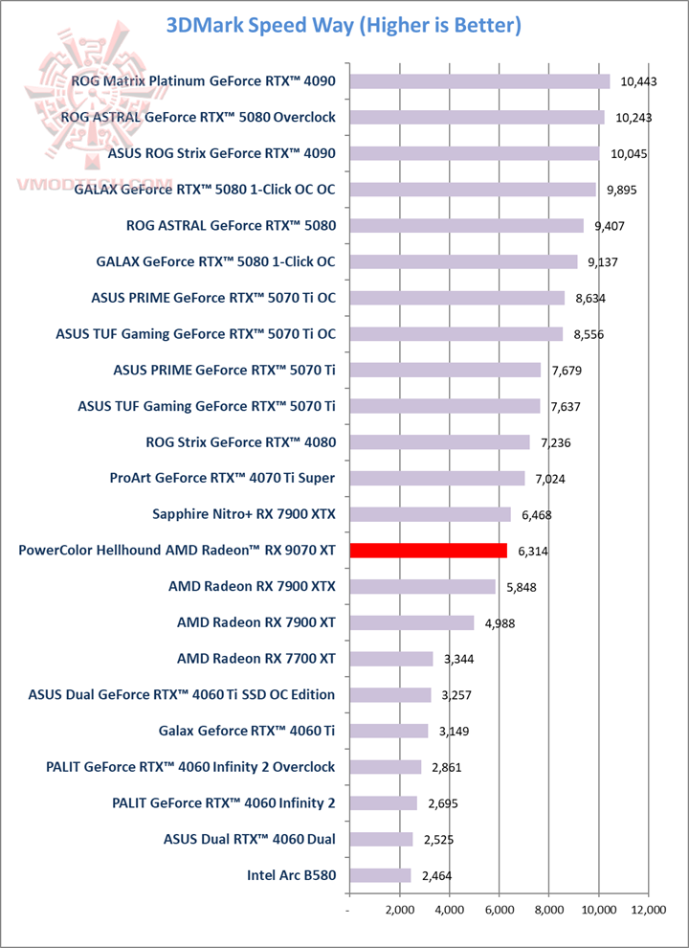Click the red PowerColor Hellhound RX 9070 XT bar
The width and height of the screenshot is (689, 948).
429,551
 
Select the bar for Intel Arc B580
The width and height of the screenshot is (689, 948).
380,875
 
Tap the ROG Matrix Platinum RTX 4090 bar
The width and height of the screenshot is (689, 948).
479,81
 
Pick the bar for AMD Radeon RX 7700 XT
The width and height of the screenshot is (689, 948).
391,659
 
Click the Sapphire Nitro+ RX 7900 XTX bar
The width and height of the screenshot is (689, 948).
431,514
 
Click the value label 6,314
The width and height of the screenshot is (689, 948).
531,552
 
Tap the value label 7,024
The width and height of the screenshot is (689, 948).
548,479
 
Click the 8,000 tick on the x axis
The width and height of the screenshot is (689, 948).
548,911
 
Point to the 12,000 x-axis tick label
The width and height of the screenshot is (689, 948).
648,911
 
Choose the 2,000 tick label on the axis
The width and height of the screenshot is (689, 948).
399,911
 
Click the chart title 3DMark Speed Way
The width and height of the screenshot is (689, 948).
344,26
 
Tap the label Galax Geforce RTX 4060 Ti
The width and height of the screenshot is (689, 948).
247,731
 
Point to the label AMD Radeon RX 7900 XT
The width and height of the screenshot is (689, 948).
256,622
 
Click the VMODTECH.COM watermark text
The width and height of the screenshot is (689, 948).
93,182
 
